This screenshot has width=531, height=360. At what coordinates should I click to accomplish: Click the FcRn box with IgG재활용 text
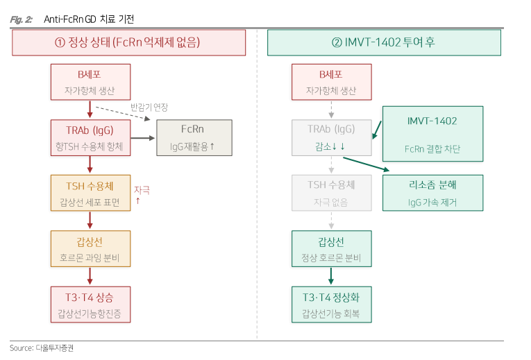(x=194, y=137)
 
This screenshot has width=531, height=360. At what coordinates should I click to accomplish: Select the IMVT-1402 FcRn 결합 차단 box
(x=432, y=134)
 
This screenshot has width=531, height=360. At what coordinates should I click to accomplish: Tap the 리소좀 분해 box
(x=432, y=192)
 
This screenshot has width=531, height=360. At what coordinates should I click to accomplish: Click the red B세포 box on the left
(x=89, y=82)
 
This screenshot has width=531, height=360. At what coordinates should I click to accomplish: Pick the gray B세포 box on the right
(x=330, y=82)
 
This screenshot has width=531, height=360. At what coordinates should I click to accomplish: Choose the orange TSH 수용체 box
(x=89, y=193)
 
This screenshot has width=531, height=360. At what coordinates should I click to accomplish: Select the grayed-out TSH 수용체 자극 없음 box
(x=330, y=193)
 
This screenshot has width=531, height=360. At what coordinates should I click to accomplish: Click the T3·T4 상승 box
(x=89, y=304)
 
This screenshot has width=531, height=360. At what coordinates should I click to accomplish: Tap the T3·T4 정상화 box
(x=330, y=304)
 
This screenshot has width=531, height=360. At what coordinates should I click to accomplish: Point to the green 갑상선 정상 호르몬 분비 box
(x=330, y=248)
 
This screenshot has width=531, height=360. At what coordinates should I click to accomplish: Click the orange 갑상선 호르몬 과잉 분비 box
(x=89, y=248)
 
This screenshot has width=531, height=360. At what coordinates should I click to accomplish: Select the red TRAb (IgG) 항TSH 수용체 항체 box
(x=89, y=137)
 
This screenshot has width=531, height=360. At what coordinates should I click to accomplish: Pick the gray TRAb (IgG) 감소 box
(x=330, y=137)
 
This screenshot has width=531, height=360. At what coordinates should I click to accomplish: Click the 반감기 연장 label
(x=149, y=108)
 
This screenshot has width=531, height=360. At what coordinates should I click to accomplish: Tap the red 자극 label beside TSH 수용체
(x=141, y=189)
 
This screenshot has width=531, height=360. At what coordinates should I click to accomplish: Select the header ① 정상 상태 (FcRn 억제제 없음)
(x=128, y=43)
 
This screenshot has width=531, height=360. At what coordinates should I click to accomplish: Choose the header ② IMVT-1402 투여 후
(x=384, y=43)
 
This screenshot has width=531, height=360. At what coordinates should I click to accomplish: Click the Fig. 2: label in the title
(x=22, y=19)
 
